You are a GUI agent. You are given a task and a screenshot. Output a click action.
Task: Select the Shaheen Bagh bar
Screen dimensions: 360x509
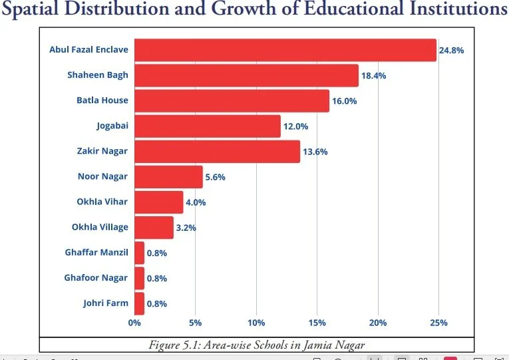[x=246, y=75]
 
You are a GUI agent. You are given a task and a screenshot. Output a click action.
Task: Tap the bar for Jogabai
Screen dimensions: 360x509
[x=207, y=126]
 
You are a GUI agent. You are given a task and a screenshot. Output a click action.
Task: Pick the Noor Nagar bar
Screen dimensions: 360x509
[x=168, y=177]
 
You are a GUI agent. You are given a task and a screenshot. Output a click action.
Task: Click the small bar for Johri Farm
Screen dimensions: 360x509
[x=139, y=303]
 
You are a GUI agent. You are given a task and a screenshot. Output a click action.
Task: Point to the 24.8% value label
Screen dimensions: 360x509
[x=451, y=50]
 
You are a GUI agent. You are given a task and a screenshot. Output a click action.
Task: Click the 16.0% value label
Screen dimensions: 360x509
[x=345, y=101]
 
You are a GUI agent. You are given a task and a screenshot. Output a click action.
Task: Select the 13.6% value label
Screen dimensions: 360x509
[x=315, y=152]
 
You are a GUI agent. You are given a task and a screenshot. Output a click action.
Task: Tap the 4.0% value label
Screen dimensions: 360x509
[x=196, y=202]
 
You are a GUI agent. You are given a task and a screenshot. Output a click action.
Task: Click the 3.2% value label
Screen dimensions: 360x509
[x=186, y=228]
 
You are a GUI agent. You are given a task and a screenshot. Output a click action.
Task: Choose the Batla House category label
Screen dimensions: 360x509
[x=102, y=100]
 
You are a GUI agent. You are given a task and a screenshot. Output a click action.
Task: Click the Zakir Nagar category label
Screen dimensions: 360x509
[x=102, y=151]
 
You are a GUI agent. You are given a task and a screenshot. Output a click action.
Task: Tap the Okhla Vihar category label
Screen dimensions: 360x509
[x=102, y=202]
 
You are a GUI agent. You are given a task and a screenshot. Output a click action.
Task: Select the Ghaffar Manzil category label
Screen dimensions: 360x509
[x=96, y=252]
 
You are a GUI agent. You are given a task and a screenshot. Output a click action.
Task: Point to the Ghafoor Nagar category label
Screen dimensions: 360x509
[x=96, y=277]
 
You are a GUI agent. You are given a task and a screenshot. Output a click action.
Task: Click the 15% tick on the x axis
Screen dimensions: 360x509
[x=317, y=323]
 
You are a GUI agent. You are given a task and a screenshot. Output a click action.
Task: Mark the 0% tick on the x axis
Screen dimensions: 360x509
[x=134, y=323]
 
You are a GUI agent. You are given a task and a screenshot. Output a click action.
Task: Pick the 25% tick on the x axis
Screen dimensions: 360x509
[x=439, y=323]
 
